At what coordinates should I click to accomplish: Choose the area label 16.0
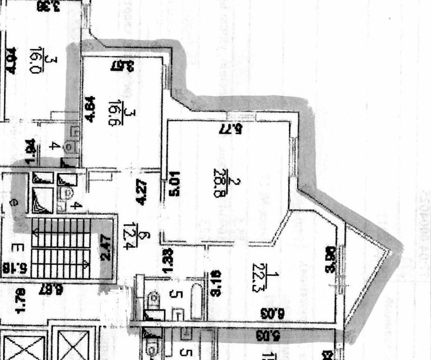[35, 60]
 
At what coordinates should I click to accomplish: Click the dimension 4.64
[91, 108]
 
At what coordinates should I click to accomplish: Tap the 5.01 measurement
[175, 183]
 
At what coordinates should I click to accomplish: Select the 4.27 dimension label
[142, 192]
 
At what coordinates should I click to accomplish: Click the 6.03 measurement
[272, 314]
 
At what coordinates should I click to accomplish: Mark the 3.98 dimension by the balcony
[330, 262]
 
